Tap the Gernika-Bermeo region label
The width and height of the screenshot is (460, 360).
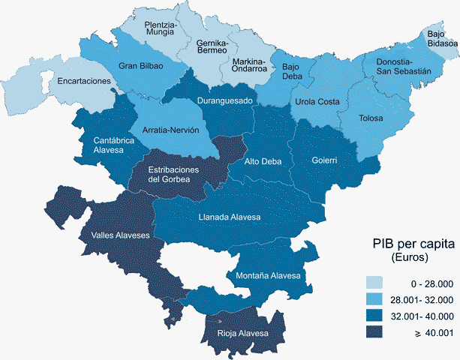[x=212, y=49]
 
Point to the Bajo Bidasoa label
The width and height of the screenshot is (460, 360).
[x=442, y=38]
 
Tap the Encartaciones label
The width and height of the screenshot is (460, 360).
[x=83, y=81]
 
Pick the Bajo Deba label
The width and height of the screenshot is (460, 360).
[x=292, y=71]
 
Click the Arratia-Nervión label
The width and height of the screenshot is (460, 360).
[x=172, y=130]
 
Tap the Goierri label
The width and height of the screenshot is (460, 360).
[x=325, y=160]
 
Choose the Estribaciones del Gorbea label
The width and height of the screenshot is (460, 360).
[x=173, y=175]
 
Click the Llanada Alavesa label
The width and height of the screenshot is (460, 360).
[x=230, y=217]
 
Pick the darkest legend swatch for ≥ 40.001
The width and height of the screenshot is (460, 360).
[x=375, y=331]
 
